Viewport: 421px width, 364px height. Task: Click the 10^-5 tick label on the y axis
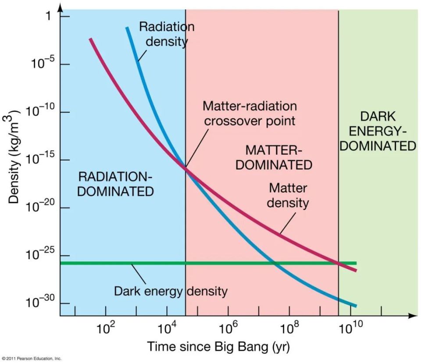point(43,65)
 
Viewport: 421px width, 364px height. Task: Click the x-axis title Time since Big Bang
point(218,346)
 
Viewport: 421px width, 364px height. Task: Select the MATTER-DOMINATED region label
point(278,157)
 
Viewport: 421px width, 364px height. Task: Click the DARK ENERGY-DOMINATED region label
point(378,131)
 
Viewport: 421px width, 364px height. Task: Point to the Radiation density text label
point(167,34)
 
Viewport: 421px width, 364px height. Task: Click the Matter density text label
point(288,196)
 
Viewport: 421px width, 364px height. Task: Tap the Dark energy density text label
point(171,291)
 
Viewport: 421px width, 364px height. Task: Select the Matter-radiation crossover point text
point(249,113)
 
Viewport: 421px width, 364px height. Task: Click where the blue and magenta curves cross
point(186,168)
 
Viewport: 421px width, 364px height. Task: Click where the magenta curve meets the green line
point(339,263)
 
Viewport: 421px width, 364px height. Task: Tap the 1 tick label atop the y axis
point(50,16)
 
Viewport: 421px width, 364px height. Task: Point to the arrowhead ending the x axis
point(414,315)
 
